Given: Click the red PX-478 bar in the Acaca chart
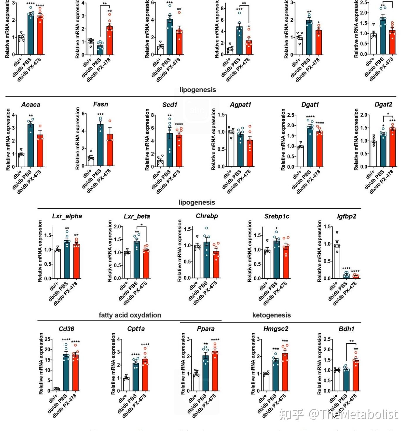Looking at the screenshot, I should (x=40, y=151).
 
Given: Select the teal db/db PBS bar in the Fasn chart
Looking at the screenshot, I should (x=101, y=145).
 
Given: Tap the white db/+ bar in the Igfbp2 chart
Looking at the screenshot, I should (x=337, y=261).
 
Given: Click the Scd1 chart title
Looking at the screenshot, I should (x=170, y=105).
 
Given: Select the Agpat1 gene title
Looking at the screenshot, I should (x=240, y=105).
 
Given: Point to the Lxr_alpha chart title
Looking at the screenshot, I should (x=67, y=216).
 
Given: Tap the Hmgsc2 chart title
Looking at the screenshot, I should (x=276, y=329).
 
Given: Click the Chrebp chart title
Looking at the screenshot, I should (x=207, y=216).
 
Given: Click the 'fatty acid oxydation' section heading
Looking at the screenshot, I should (x=130, y=315).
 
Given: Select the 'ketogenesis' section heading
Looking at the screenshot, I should (x=271, y=315).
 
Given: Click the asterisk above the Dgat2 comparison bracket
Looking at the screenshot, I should (x=388, y=114).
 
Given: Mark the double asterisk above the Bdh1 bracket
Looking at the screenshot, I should (x=351, y=341).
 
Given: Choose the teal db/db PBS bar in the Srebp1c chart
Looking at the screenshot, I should (x=277, y=260).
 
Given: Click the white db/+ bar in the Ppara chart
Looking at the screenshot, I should (x=196, y=382).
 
